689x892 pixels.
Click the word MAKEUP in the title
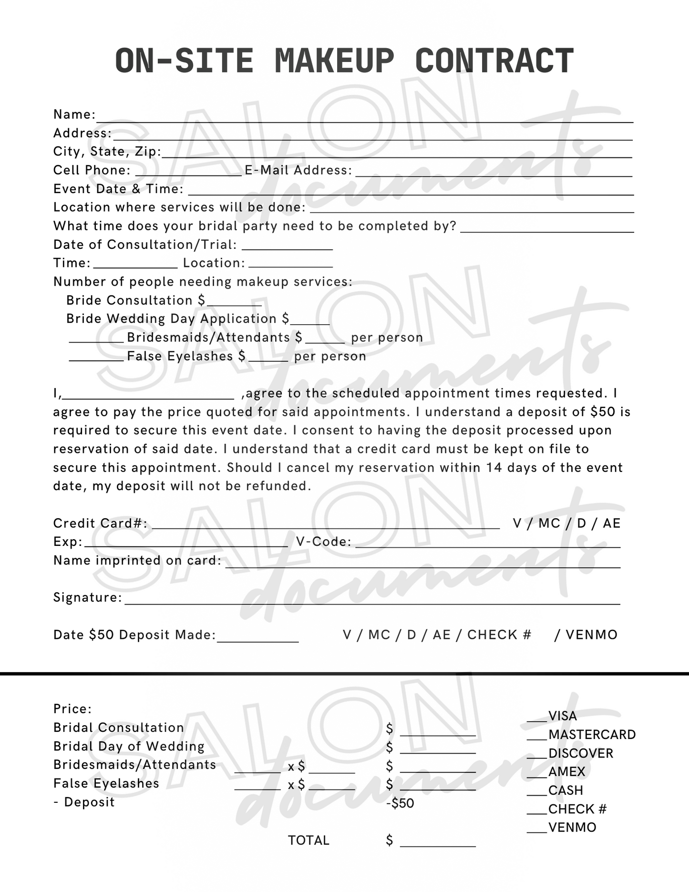334,61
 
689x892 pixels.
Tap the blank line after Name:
364,118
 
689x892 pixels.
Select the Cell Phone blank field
189,173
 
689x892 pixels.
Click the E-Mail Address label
298,170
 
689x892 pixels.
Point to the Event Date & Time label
118,189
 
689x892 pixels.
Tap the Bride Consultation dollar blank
234,302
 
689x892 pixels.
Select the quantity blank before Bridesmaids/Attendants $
96,339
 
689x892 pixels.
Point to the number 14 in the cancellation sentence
494,468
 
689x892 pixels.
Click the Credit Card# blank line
326,525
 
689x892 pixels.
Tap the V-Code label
324,542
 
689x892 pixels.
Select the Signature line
372,601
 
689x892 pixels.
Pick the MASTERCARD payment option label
592,735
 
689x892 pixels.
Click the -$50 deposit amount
400,803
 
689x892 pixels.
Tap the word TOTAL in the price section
309,841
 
